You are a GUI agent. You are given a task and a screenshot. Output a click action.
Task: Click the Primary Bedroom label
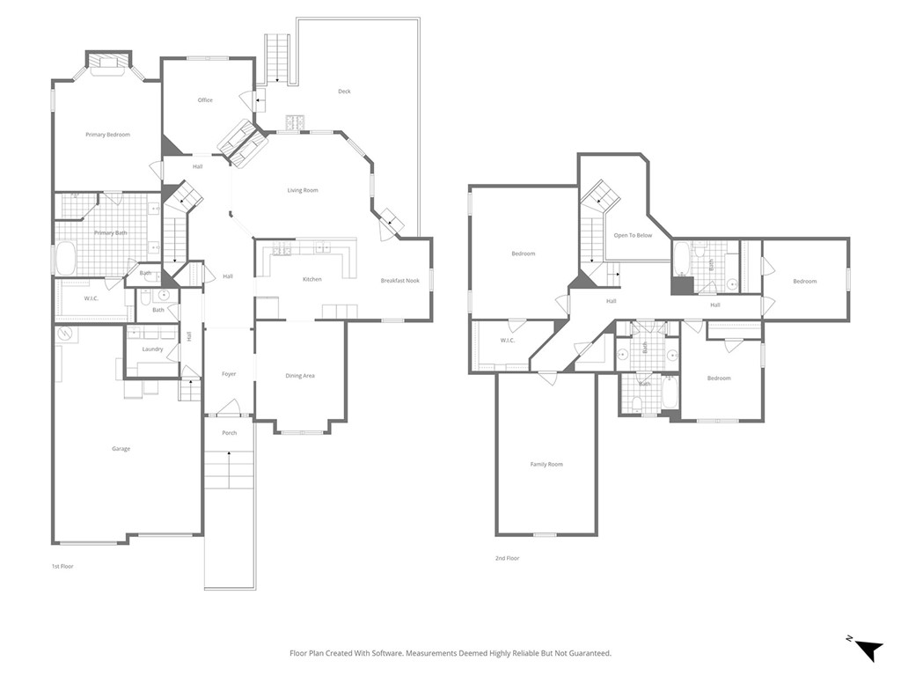tap(107, 135)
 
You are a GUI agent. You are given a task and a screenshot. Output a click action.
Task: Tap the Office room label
tap(205, 100)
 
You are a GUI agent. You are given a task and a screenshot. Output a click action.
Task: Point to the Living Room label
tap(303, 190)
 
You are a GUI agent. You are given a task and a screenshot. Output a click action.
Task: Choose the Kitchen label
tap(312, 279)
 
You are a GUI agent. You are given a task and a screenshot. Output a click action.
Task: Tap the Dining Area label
tap(300, 376)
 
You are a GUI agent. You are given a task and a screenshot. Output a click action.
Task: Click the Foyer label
tap(229, 374)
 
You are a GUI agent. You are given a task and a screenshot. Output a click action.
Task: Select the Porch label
tap(229, 433)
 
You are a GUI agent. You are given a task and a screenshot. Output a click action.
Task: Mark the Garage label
tap(121, 449)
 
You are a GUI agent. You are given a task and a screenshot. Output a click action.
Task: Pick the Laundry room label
tap(152, 349)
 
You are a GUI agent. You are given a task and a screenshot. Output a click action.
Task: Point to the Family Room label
tap(546, 464)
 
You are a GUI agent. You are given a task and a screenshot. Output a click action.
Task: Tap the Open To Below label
tap(633, 235)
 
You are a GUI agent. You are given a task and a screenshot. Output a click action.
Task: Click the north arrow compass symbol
tap(867, 649)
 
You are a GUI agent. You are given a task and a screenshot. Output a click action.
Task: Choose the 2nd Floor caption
tap(507, 558)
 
